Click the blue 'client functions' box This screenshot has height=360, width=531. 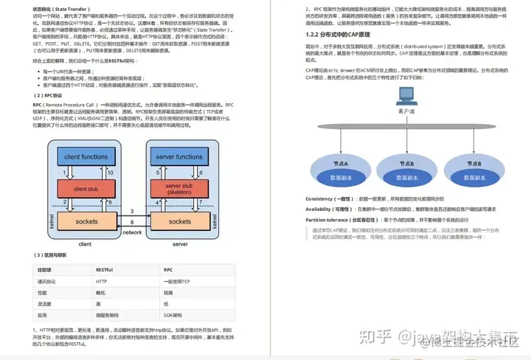(x=87, y=157)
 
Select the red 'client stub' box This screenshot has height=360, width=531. (x=87, y=189)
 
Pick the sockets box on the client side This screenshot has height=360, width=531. (x=87, y=221)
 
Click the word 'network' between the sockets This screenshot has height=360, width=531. (x=132, y=232)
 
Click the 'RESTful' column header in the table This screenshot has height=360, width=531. (x=104, y=270)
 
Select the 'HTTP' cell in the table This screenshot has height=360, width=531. (x=102, y=281)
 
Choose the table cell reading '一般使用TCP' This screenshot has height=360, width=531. (x=178, y=281)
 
